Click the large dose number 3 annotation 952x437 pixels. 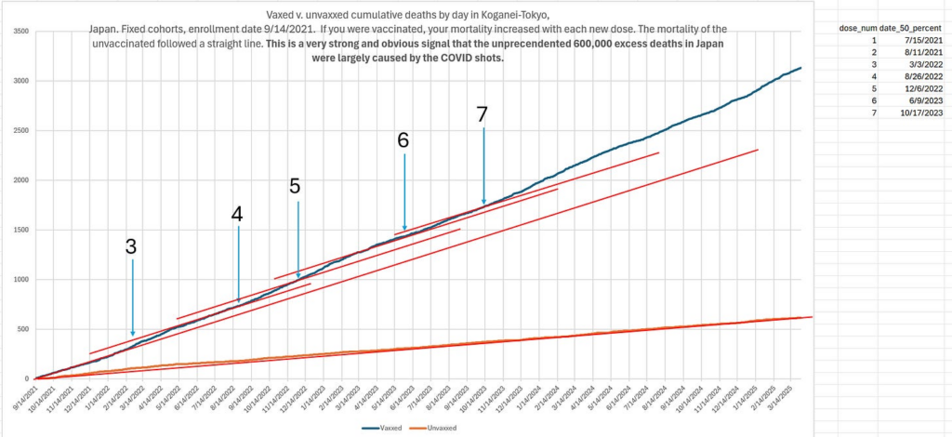(x=131, y=246)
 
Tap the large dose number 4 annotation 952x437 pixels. (x=237, y=214)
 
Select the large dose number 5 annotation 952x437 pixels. (x=295, y=186)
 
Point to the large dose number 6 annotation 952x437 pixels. (x=403, y=140)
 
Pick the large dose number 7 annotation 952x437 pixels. (x=482, y=114)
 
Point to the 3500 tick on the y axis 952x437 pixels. (x=20, y=32)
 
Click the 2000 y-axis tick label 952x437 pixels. (x=20, y=180)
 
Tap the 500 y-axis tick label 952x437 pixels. (x=21, y=329)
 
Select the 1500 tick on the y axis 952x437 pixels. (x=20, y=230)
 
